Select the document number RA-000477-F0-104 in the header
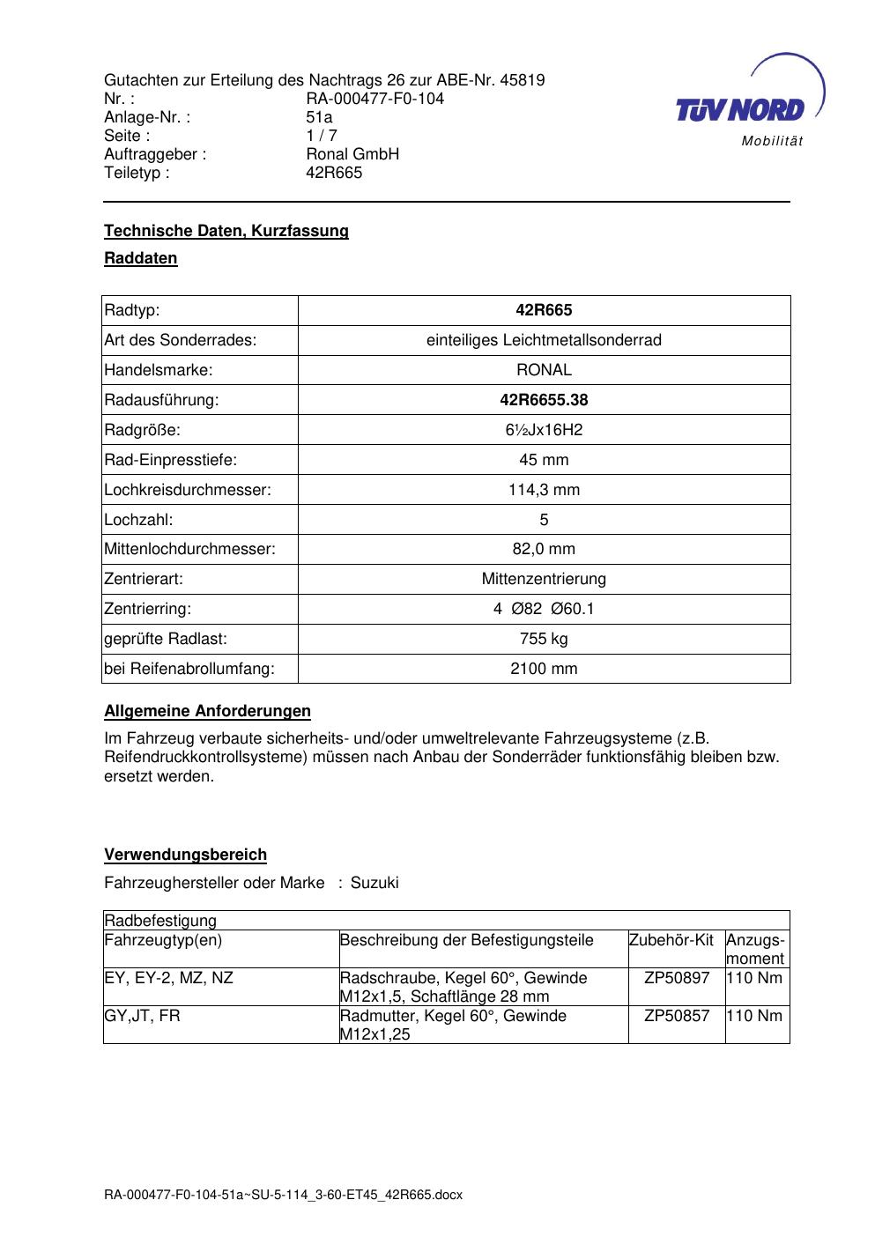(x=374, y=99)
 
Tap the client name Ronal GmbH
(x=352, y=154)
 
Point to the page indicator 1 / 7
(x=322, y=136)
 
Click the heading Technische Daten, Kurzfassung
(x=226, y=231)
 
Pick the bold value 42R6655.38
(x=544, y=400)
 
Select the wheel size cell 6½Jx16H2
(x=544, y=430)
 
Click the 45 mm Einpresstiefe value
(x=544, y=460)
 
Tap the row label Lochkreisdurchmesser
(x=188, y=490)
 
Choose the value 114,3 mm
(x=544, y=490)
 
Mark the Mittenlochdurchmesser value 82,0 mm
(x=544, y=549)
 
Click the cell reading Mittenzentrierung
(x=544, y=579)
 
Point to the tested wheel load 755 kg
(x=544, y=639)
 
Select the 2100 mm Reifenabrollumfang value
(x=544, y=669)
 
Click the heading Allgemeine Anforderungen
(x=207, y=711)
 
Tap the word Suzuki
(x=374, y=883)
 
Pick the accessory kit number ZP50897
(x=677, y=978)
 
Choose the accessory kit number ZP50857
(x=677, y=1016)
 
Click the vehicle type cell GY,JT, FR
(x=142, y=1016)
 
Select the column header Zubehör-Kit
(x=671, y=940)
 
